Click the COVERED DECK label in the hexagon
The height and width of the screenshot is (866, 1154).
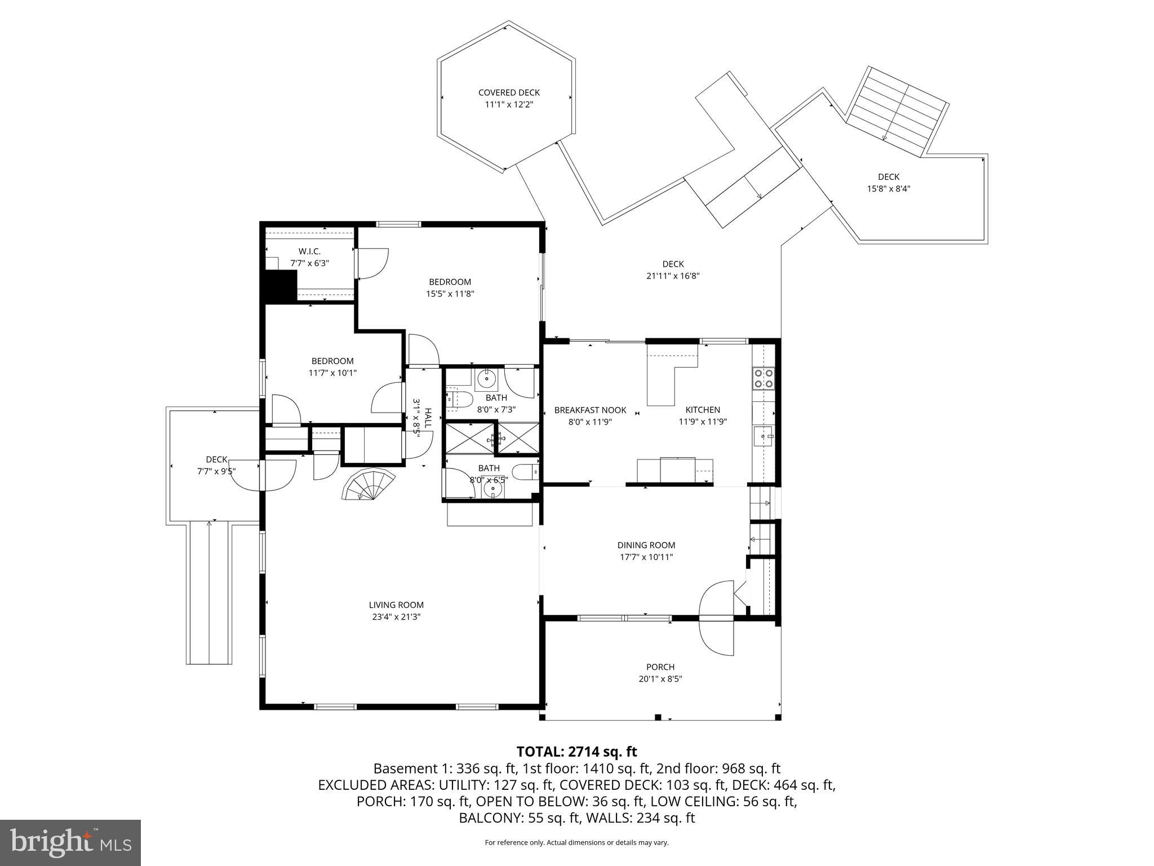[x=509, y=92]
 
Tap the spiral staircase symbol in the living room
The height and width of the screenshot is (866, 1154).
[x=369, y=485]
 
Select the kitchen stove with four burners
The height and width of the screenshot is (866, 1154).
[x=764, y=378]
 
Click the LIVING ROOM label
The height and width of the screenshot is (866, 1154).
[x=396, y=605]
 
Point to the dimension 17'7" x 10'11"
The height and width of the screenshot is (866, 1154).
[x=646, y=557]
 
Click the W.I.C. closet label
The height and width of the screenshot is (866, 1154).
[x=309, y=251]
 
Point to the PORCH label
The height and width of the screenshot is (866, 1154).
[x=660, y=667]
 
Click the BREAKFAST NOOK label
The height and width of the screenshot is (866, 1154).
[x=590, y=410]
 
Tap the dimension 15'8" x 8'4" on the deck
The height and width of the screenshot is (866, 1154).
[x=889, y=189]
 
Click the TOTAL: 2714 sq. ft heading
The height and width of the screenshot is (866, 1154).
[x=576, y=752]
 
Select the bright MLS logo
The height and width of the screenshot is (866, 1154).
[x=70, y=842]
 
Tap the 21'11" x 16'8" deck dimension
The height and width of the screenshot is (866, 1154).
[x=673, y=276]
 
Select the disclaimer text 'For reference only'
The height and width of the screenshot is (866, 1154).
[x=576, y=842]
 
